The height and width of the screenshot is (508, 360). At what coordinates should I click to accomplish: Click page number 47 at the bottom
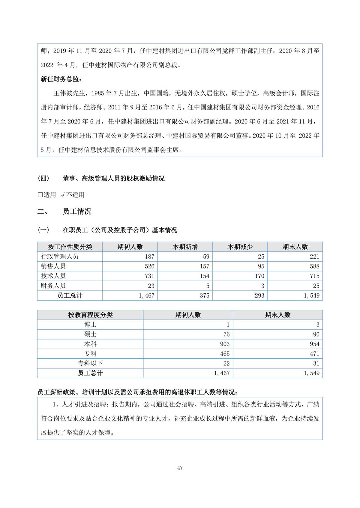(x=180, y=468)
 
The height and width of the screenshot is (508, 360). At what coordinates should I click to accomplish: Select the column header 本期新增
(x=185, y=247)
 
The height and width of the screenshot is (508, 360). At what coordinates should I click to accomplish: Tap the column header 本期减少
(x=240, y=247)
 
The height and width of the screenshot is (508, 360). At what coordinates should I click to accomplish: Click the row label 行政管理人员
(x=59, y=257)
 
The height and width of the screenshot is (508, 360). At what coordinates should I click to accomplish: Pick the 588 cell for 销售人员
(x=314, y=266)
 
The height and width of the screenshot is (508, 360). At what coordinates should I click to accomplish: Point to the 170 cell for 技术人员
(x=259, y=276)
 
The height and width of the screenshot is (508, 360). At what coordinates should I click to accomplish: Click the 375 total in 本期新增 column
(x=204, y=296)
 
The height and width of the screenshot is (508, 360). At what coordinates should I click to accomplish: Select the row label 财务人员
(x=53, y=286)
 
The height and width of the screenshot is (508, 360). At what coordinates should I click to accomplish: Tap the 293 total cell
(x=259, y=296)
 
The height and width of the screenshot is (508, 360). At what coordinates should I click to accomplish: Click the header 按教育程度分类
(x=90, y=315)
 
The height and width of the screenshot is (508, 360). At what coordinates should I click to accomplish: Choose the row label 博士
(x=90, y=325)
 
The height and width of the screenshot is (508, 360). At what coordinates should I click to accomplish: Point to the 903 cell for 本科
(x=225, y=344)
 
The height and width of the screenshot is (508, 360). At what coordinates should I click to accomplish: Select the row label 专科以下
(x=90, y=364)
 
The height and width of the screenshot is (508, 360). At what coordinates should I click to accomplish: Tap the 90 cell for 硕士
(x=316, y=334)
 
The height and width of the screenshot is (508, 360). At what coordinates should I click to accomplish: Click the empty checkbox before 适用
(x=40, y=195)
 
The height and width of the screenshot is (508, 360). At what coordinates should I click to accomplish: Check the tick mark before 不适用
(x=63, y=195)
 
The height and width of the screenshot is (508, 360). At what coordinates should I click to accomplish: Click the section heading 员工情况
(x=77, y=212)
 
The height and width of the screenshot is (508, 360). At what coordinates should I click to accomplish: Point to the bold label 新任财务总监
(x=61, y=79)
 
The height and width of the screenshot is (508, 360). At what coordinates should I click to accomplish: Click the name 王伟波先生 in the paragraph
(x=69, y=93)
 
